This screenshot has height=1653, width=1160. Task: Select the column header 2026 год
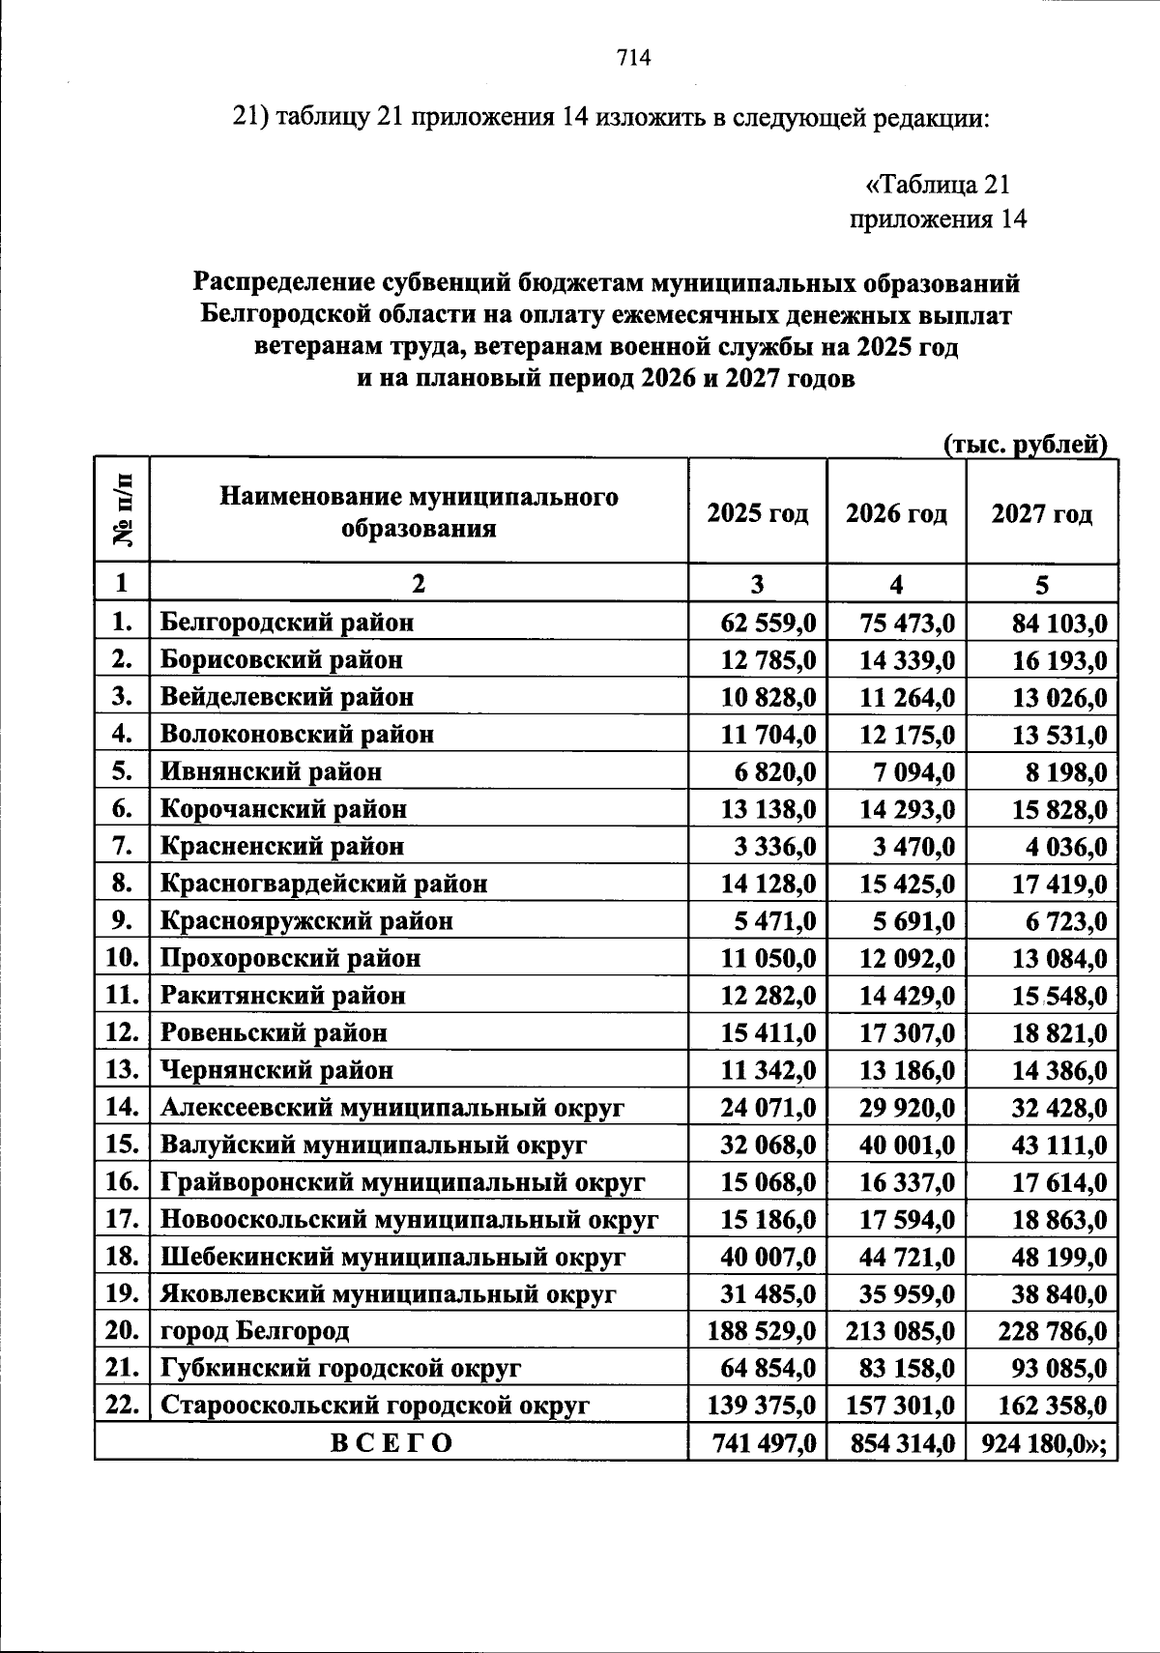[896, 512]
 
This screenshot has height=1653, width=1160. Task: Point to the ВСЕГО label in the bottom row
[391, 1443]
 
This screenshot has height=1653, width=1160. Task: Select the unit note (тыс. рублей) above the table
[1025, 444]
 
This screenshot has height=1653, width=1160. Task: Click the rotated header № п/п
[123, 511]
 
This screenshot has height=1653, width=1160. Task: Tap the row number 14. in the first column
[123, 1108]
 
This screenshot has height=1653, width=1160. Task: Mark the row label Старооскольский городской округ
[375, 1406]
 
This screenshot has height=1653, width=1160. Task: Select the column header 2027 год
[1041, 512]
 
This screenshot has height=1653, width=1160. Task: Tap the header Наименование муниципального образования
[419, 512]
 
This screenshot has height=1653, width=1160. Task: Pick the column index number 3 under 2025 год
[757, 585]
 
